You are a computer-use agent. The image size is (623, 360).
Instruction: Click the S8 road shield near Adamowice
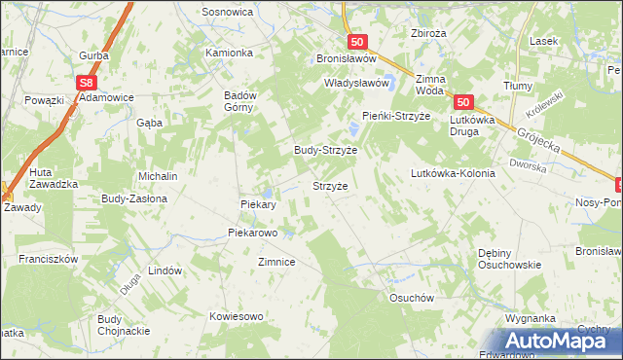click(x=88, y=84)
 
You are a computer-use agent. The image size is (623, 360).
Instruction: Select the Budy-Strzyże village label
click(x=326, y=151)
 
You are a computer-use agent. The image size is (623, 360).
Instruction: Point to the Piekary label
click(x=259, y=205)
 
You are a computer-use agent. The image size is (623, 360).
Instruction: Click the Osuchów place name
click(x=410, y=299)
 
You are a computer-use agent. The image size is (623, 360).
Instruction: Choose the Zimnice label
click(x=276, y=263)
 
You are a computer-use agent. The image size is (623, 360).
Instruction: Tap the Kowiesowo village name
click(x=237, y=316)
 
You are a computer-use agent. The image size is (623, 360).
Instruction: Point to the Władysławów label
click(x=356, y=84)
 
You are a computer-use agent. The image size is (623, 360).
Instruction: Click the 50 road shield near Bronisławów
click(x=357, y=42)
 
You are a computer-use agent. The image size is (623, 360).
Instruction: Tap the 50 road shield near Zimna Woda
click(x=462, y=102)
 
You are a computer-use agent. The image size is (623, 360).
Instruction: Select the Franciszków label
click(x=48, y=260)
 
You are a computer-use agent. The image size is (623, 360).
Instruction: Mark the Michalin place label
click(x=157, y=176)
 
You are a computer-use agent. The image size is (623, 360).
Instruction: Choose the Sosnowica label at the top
click(x=227, y=12)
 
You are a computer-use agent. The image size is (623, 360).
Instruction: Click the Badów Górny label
click(x=239, y=101)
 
